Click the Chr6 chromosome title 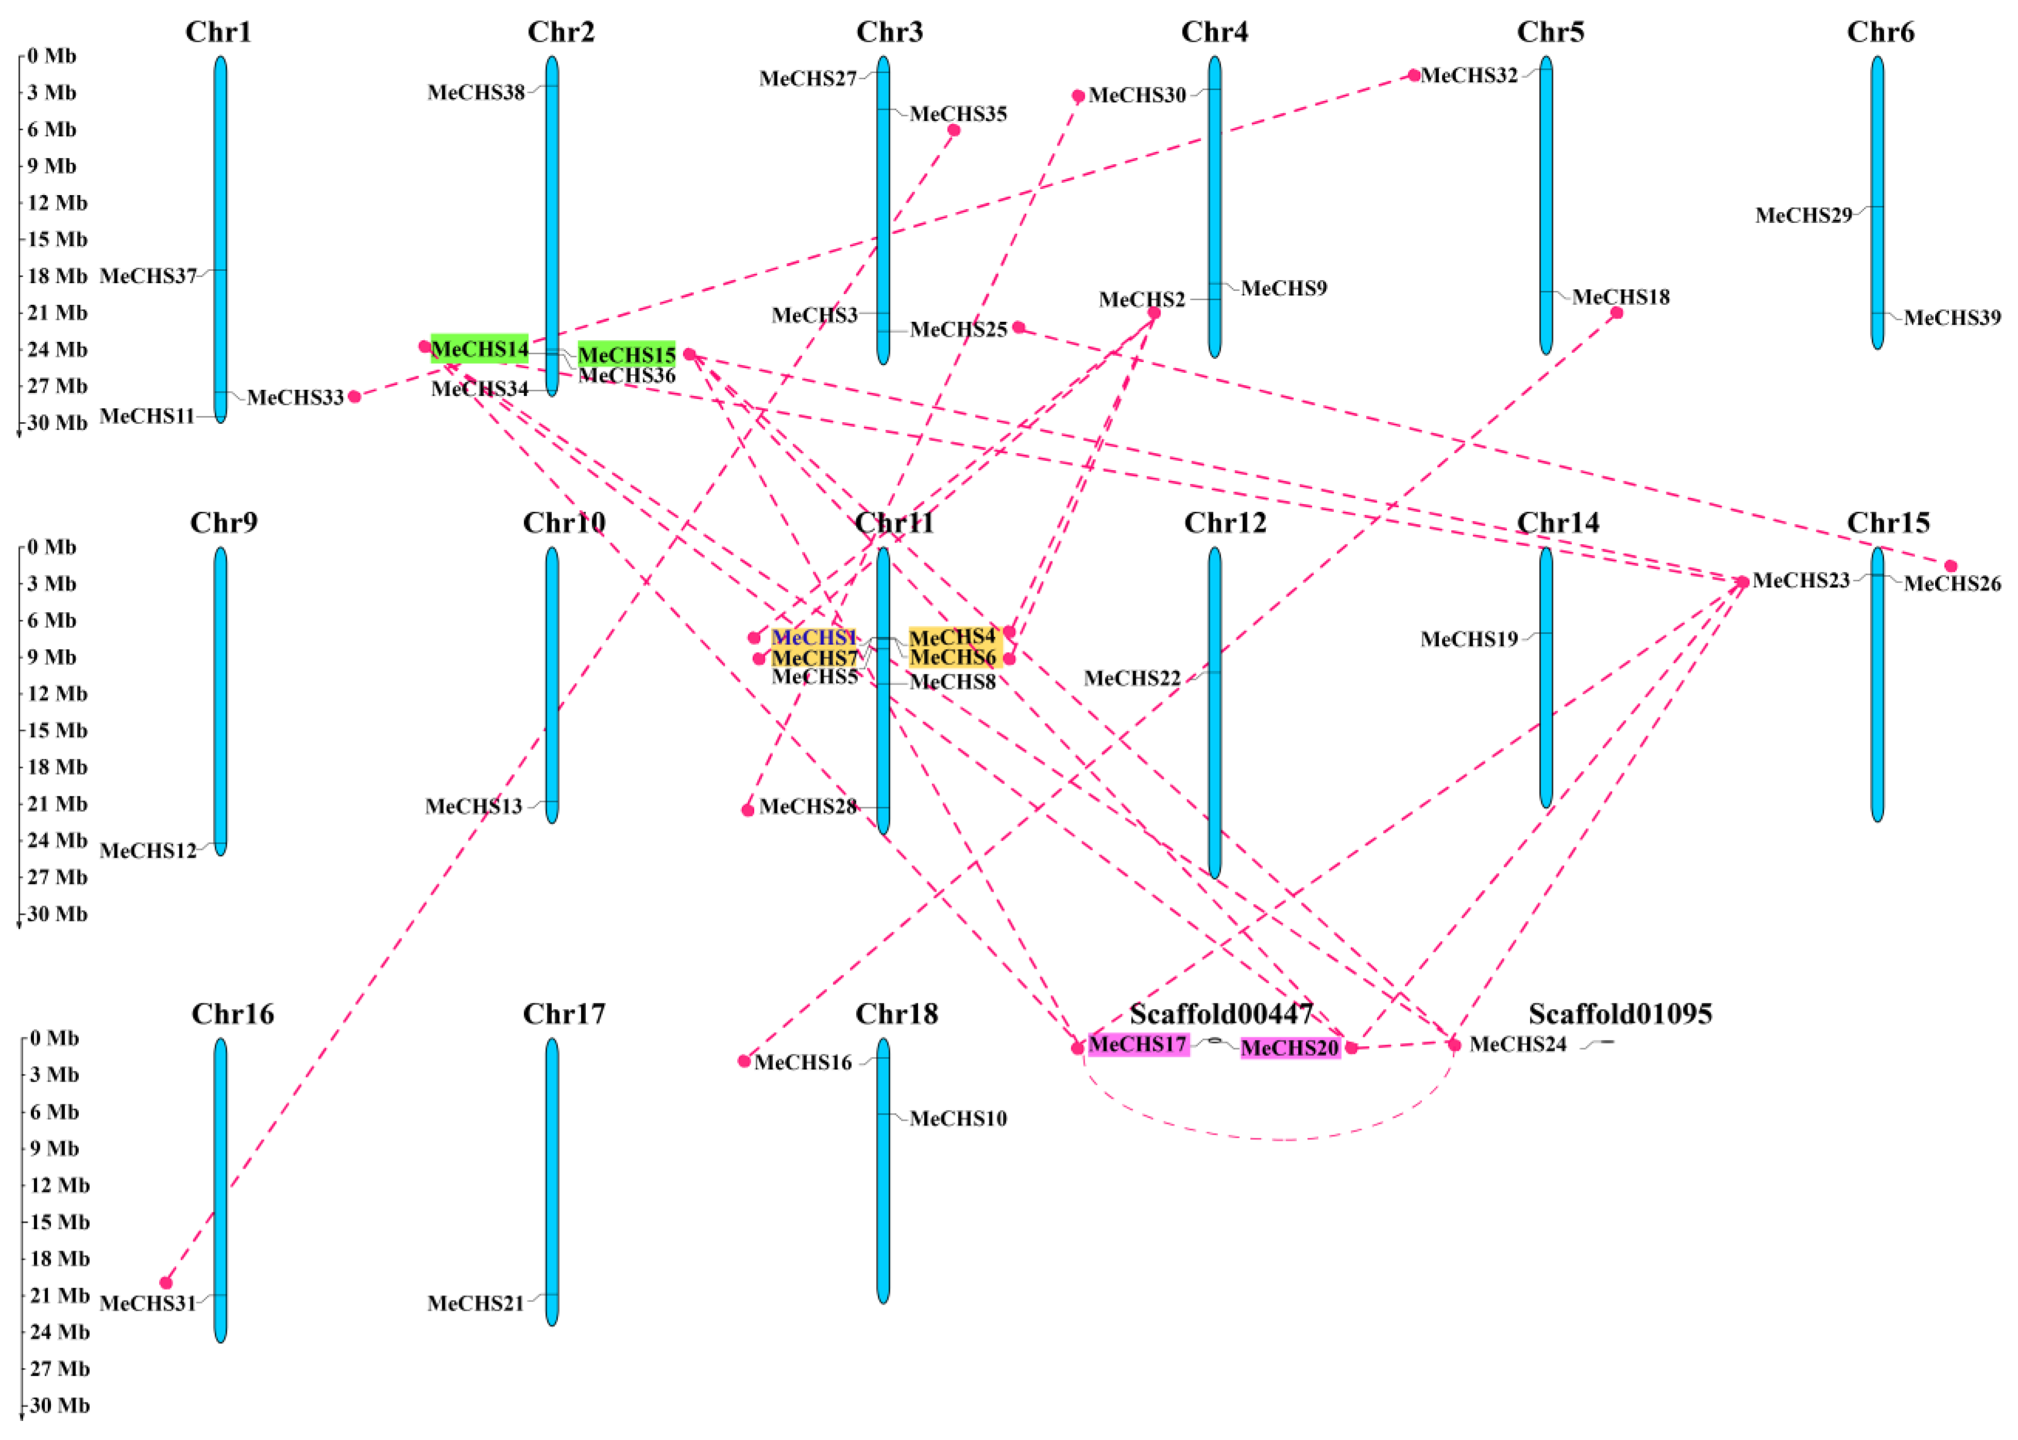click(x=1880, y=32)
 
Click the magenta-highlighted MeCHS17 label click(x=1138, y=1045)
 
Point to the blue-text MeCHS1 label click(x=813, y=637)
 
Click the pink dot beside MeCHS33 click(x=355, y=396)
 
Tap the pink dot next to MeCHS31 click(x=166, y=1282)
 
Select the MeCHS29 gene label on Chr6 click(x=1803, y=216)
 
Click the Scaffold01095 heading click(x=1620, y=1014)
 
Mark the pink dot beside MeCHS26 click(x=1951, y=566)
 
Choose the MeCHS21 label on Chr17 click(x=475, y=1304)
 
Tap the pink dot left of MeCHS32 click(x=1414, y=75)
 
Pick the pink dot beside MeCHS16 click(x=745, y=1061)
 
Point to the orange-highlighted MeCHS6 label click(x=952, y=657)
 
